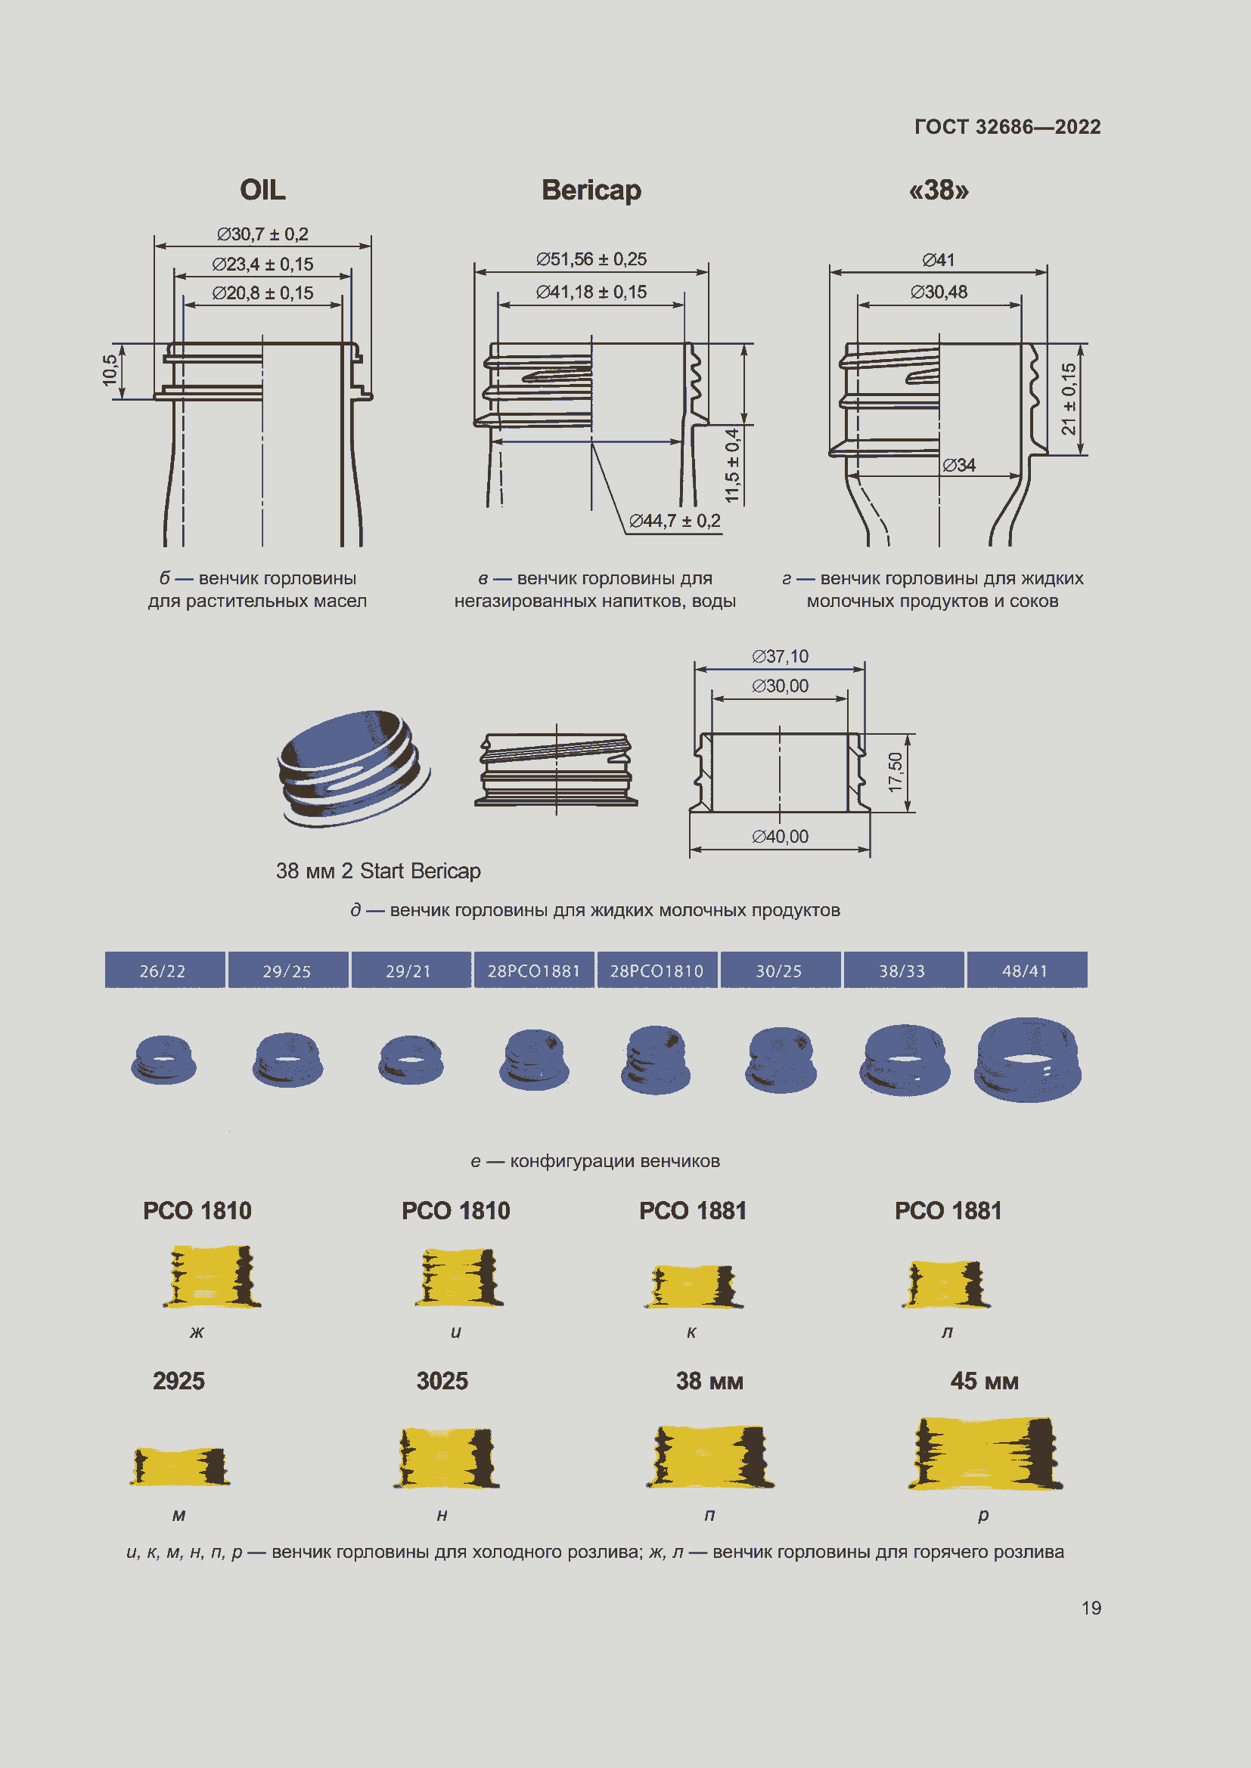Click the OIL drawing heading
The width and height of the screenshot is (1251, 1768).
(262, 190)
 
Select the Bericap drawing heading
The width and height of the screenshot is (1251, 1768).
(591, 190)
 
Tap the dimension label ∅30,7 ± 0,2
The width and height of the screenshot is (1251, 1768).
(262, 234)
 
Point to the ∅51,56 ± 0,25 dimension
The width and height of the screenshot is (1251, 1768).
(591, 259)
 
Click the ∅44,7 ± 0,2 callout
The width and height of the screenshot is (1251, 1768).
(675, 522)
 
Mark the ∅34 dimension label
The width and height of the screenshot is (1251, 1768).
(959, 465)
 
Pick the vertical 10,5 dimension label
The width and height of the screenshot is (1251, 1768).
(110, 370)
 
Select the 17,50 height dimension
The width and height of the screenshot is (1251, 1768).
(894, 773)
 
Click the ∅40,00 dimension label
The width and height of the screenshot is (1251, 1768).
(781, 836)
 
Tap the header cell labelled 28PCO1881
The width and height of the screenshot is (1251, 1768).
(534, 971)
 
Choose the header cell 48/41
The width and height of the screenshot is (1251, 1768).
(1026, 971)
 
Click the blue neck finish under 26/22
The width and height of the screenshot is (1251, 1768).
(163, 1060)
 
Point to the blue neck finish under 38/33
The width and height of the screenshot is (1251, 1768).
(905, 1060)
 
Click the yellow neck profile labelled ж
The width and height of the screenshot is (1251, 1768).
(212, 1276)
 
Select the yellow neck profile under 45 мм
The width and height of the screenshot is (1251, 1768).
(986, 1453)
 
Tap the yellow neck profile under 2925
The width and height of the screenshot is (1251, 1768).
(179, 1466)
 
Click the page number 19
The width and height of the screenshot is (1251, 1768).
(1091, 1608)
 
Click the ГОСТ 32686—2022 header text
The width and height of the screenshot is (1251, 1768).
(1007, 127)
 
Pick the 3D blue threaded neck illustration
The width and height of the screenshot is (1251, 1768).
(353, 769)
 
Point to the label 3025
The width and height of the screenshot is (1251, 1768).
(442, 1381)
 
